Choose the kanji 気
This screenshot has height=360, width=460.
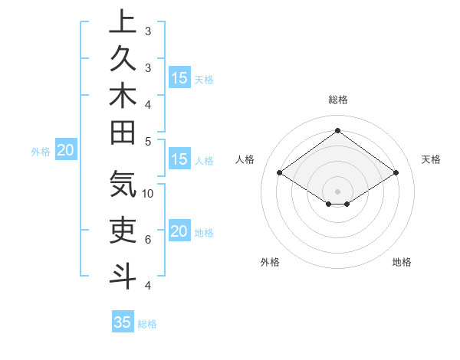pyautogui.click(x=123, y=184)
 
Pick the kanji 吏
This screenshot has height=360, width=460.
pyautogui.click(x=123, y=228)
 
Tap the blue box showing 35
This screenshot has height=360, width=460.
pyautogui.click(x=123, y=322)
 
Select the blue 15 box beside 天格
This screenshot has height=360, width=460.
pyautogui.click(x=179, y=77)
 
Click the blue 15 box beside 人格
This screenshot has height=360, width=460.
pyautogui.click(x=179, y=159)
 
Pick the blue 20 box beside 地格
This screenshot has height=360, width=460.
pyautogui.click(x=179, y=231)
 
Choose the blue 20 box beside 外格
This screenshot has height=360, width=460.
pyautogui.click(x=66, y=150)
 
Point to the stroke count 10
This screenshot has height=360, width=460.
pyautogui.click(x=148, y=193)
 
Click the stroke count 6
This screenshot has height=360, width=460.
pyautogui.click(x=148, y=240)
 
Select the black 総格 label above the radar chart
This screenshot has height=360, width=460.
pyautogui.click(x=337, y=100)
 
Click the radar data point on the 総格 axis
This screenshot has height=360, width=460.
pyautogui.click(x=337, y=129)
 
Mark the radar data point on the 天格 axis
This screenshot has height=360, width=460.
pyautogui.click(x=396, y=173)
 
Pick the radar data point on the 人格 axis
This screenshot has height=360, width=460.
pyautogui.click(x=280, y=173)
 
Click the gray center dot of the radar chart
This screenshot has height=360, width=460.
pyautogui.click(x=337, y=191)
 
